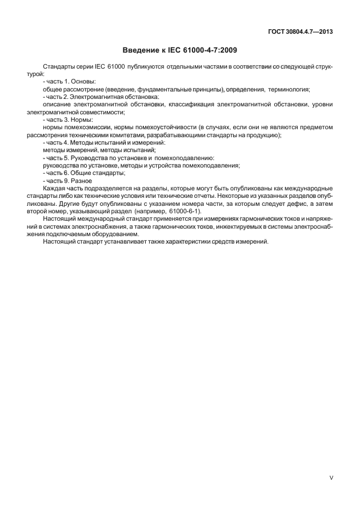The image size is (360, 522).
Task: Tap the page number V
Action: [x=331, y=477]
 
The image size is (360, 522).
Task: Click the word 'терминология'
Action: [x=286, y=90]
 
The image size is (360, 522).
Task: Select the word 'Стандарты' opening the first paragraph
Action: [x=58, y=67]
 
